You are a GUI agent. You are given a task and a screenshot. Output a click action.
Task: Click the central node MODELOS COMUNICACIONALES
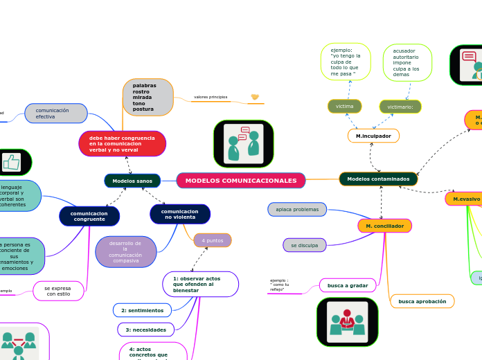coord(240,181)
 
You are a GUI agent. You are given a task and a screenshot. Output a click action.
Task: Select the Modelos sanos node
coord(132,181)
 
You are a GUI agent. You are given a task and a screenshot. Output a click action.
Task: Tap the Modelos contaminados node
coord(378,179)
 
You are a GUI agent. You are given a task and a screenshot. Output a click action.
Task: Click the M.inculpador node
coord(373,136)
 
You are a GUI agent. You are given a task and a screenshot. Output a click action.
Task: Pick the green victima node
coord(345,106)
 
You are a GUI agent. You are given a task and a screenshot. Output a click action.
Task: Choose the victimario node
coord(400,107)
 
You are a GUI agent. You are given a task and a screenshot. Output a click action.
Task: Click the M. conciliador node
coord(384,226)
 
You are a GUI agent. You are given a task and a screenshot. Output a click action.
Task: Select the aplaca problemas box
coord(297,209)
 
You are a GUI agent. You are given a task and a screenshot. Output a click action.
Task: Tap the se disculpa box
coord(305,245)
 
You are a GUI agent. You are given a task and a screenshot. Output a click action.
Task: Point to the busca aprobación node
coord(422,301)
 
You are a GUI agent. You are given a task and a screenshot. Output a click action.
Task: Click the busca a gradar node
coord(348,285)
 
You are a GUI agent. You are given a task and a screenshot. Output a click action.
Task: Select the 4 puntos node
coord(213,240)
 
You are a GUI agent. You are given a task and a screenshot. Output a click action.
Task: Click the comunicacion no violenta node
coord(180,214)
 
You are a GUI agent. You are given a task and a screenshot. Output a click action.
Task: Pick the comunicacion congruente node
coord(89,216)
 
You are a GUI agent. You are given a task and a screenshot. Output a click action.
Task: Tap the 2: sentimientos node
coord(142,310)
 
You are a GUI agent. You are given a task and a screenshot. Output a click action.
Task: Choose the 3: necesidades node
coord(145,330)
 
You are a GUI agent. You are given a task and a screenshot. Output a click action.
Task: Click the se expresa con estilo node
coord(58,291)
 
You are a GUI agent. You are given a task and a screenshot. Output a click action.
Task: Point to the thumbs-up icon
coord(11,162)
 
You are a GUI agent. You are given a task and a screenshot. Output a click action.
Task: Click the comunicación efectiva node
coord(55,114)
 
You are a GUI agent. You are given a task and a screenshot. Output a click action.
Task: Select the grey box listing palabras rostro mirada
coord(148,98)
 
